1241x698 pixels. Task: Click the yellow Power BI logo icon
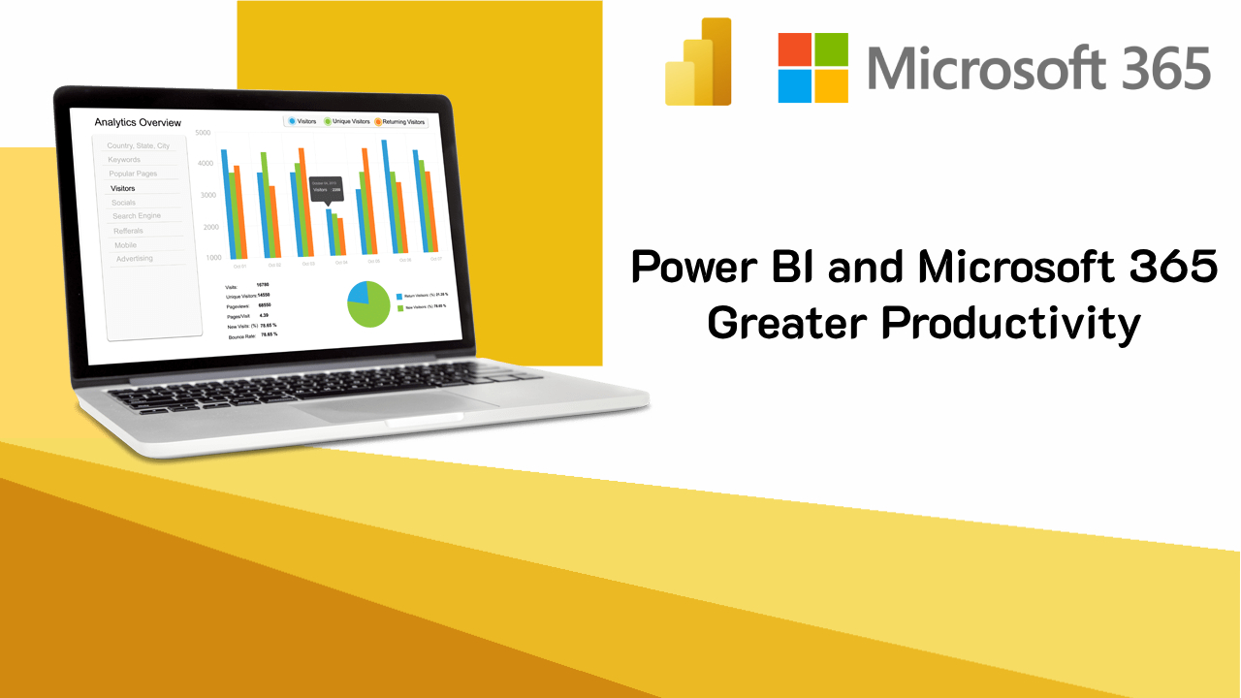[698, 62]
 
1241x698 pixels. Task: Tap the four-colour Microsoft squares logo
[812, 68]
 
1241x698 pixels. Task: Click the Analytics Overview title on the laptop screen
[138, 123]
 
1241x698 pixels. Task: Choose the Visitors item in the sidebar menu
[123, 188]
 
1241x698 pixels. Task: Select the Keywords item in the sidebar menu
[124, 160]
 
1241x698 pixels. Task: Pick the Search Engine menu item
[137, 216]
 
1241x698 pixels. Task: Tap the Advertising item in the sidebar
[135, 259]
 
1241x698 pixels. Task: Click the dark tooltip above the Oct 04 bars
[325, 188]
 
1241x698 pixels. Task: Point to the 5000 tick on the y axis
[203, 133]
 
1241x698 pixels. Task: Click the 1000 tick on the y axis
[213, 258]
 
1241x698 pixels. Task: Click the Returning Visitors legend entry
[400, 122]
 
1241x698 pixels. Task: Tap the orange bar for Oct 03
[302, 203]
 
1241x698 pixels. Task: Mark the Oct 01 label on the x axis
[239, 265]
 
